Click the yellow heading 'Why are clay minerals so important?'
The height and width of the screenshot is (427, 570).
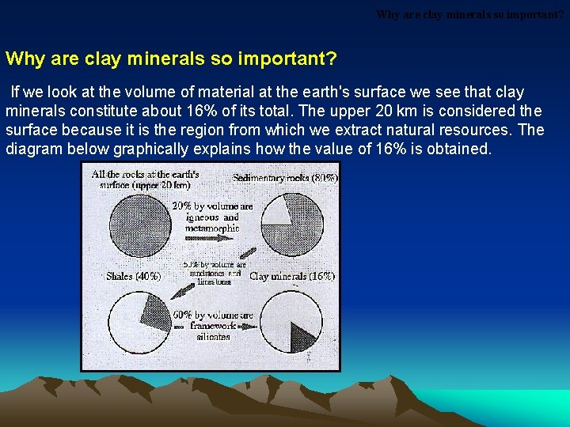(171, 59)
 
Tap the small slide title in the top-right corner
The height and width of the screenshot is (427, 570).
(470, 14)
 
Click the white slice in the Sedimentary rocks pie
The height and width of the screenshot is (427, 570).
(278, 213)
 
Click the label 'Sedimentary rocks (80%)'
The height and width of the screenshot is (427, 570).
(285, 178)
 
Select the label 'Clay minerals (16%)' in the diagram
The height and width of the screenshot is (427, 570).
(291, 277)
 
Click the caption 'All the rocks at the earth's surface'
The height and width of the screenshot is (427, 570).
(145, 179)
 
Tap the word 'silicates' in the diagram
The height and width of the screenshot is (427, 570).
(213, 336)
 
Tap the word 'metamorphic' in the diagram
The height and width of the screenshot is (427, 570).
(211, 229)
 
